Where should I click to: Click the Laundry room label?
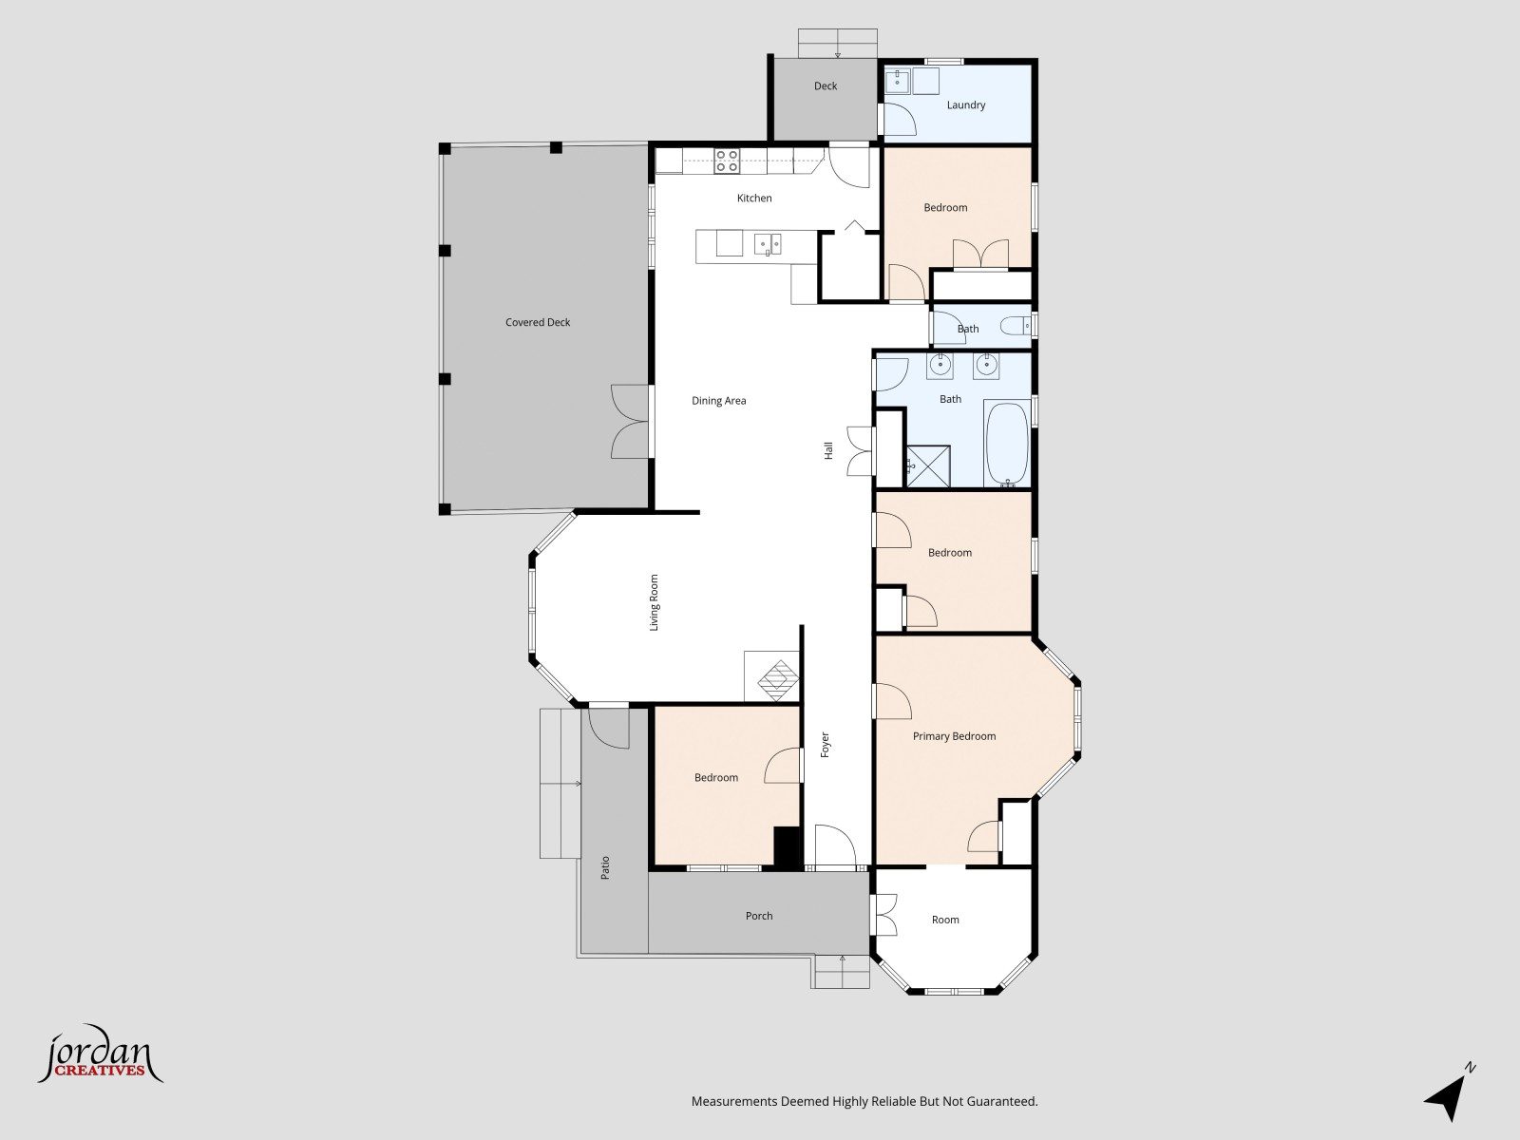(x=966, y=105)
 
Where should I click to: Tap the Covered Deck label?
(x=538, y=323)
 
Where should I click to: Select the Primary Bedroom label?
(x=954, y=736)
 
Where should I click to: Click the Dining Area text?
(x=719, y=401)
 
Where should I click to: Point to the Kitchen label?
(x=754, y=198)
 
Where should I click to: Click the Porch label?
(x=759, y=916)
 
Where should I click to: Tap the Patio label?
(x=605, y=868)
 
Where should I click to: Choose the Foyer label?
(x=825, y=745)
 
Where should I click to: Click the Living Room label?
(x=654, y=603)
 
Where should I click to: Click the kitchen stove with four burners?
(x=727, y=161)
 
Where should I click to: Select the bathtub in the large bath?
(x=1008, y=445)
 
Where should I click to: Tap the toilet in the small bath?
(x=1016, y=325)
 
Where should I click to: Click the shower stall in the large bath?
(x=928, y=466)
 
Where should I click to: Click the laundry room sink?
(x=898, y=81)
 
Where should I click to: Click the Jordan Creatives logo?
(x=100, y=1054)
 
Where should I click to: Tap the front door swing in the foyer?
(x=835, y=845)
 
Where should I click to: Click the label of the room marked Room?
(x=945, y=920)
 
